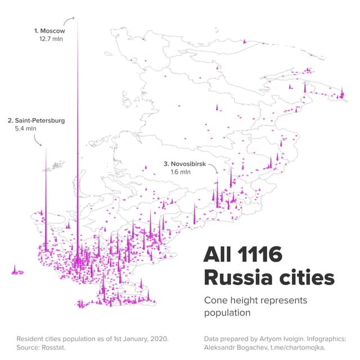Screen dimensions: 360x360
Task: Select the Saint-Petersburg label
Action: click(37, 120)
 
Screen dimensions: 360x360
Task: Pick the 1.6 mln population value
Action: click(181, 172)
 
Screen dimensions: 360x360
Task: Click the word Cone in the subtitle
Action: click(215, 300)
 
